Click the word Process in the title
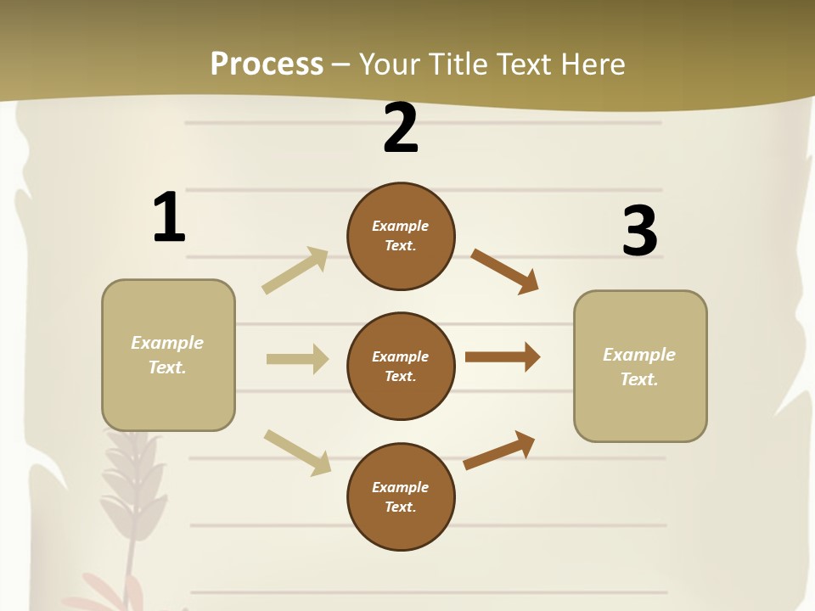[267, 64]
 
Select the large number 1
[169, 218]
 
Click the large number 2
[401, 128]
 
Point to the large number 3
[639, 232]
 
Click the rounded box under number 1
[168, 355]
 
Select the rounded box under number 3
[640, 367]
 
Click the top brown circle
[401, 236]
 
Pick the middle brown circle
[401, 366]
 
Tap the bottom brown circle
[401, 496]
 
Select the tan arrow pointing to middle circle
[297, 359]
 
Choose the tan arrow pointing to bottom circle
[297, 452]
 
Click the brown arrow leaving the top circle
[504, 271]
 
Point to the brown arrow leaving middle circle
[503, 356]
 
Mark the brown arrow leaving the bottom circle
[499, 450]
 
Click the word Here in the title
[593, 64]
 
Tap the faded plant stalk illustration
[128, 501]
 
